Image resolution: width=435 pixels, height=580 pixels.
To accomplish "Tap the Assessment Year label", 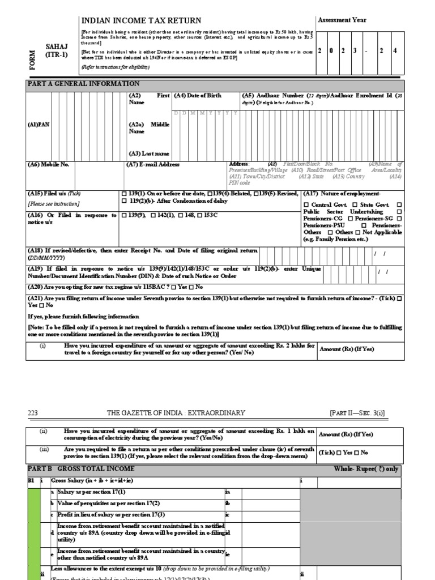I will pos(342,20).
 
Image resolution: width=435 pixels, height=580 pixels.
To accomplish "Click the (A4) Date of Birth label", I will pos(198,96).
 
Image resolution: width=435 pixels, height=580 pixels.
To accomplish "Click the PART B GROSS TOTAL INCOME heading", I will pos(82,469).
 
